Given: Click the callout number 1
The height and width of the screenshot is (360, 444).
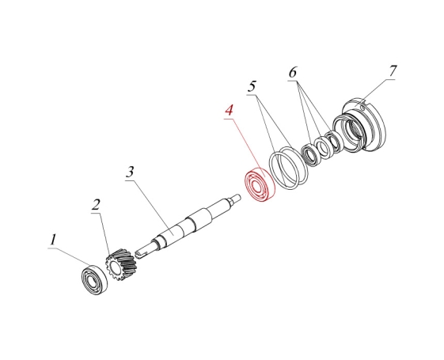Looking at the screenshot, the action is [x=53, y=240].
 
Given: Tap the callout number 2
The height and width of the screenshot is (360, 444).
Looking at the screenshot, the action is [x=97, y=205].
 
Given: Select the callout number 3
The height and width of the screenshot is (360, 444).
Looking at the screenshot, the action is [x=130, y=172].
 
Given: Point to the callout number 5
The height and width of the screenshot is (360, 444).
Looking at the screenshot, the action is [x=252, y=86].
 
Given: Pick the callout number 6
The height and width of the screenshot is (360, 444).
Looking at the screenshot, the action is [x=293, y=73].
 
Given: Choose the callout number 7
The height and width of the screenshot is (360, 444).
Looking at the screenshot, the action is [x=393, y=70].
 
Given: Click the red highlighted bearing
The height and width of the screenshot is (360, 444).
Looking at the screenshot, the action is [x=260, y=184].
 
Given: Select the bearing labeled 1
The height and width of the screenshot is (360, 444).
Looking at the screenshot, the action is [x=94, y=279].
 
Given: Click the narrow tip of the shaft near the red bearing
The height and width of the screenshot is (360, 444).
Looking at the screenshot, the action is [x=236, y=197].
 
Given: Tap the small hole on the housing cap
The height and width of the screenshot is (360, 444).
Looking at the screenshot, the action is [x=362, y=108].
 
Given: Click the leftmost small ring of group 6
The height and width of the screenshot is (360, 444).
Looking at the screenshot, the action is [x=311, y=155].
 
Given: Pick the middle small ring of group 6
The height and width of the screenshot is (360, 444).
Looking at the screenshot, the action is [x=325, y=147].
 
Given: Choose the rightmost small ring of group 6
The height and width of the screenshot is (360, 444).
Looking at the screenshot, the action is [x=334, y=141].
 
